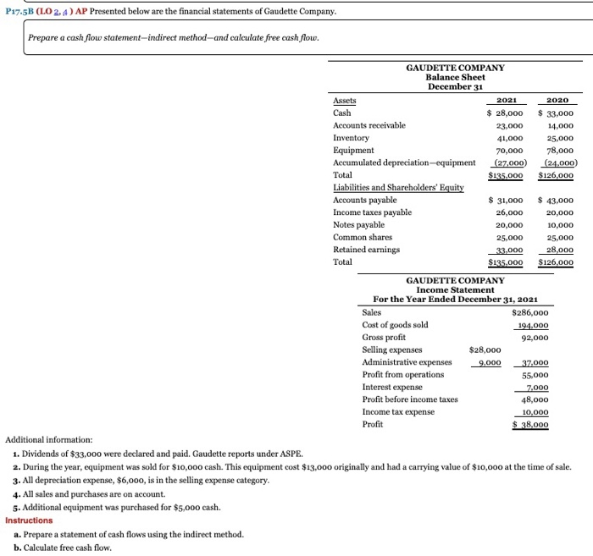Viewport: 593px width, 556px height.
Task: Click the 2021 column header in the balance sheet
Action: tap(507, 100)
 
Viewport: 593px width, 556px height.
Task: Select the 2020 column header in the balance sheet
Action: tap(558, 100)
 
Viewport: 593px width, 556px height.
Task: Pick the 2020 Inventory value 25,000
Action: tap(558, 137)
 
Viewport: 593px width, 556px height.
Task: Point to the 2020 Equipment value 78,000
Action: tap(558, 150)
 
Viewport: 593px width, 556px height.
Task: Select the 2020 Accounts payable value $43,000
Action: tap(556, 201)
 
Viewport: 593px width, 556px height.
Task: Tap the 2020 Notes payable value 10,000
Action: tap(558, 225)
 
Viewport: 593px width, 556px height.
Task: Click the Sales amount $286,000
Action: tap(530, 312)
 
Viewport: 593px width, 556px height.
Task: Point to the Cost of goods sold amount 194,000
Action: tap(532, 325)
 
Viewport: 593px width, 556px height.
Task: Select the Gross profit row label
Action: tap(384, 337)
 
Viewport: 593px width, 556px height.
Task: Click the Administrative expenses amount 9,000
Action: tap(487, 362)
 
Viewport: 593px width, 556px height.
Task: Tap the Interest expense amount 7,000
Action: tap(535, 387)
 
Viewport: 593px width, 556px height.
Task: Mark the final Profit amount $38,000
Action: tap(531, 424)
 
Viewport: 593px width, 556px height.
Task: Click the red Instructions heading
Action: tap(29, 520)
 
